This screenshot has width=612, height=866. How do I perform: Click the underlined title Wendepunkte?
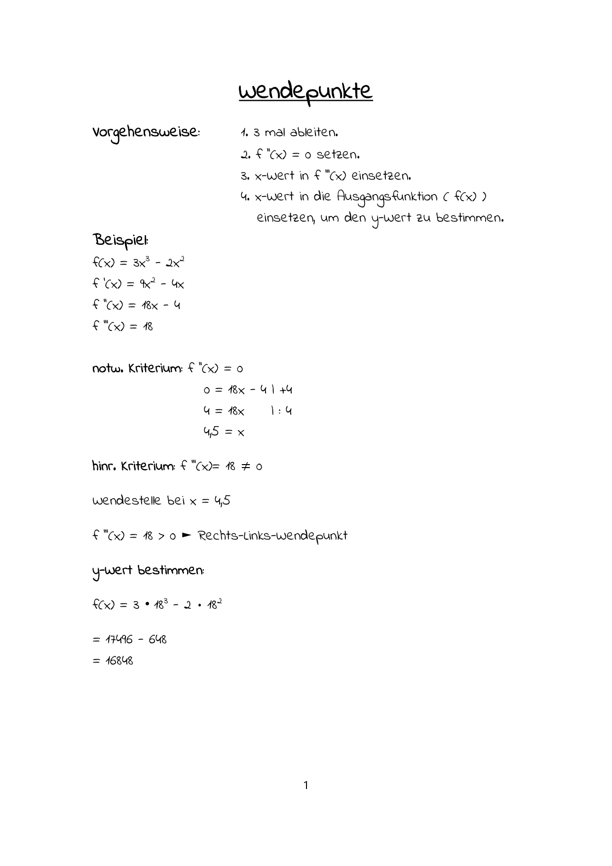click(306, 92)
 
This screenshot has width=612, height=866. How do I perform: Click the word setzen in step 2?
click(338, 155)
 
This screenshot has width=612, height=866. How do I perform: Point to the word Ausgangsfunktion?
click(387, 197)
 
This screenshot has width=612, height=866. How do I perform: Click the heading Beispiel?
click(120, 241)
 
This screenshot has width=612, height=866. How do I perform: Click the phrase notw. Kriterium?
click(137, 369)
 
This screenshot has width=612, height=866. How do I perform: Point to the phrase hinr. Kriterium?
click(133, 466)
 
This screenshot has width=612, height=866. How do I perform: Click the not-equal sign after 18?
click(245, 467)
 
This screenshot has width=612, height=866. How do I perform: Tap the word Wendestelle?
click(126, 501)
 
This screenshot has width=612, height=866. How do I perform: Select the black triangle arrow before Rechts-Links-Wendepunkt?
click(187, 535)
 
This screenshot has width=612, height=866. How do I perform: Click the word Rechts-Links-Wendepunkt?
click(272, 536)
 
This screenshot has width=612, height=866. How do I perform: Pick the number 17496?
click(119, 640)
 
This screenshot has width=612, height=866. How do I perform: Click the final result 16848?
click(119, 661)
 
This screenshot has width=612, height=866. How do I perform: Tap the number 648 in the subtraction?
click(157, 640)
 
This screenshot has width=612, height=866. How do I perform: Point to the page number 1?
click(306, 785)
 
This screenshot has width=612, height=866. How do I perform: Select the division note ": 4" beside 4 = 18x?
click(283, 411)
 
